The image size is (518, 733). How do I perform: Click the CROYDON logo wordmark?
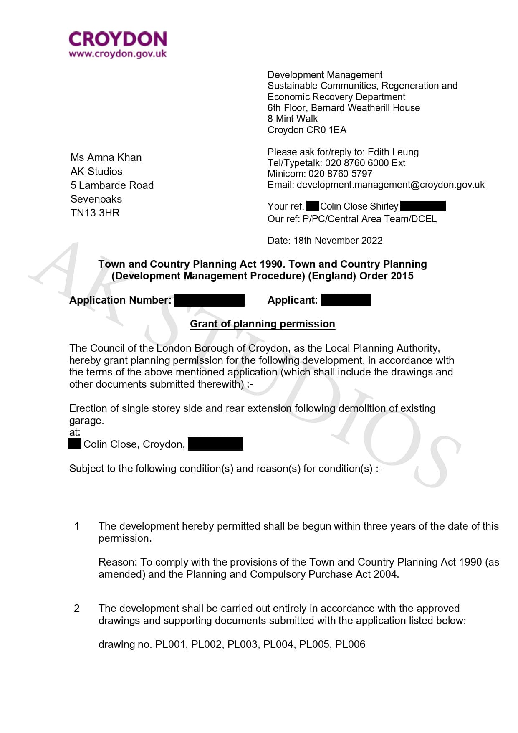[x=118, y=39]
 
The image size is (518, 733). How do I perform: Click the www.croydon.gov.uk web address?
[x=118, y=54]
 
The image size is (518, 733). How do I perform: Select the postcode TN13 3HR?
[x=95, y=213]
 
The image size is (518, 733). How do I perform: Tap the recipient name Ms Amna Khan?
[x=106, y=157]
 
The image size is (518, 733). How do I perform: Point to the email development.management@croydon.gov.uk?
[x=391, y=185]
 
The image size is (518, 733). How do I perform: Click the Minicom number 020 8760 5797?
[x=340, y=174]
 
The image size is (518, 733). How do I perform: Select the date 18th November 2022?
[x=338, y=241]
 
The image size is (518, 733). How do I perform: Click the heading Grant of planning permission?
[x=263, y=324]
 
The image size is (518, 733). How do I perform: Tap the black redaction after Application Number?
[x=209, y=300]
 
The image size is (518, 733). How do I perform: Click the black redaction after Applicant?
[x=346, y=300]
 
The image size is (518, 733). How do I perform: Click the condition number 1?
[x=77, y=526]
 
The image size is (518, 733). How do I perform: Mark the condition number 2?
[x=77, y=609]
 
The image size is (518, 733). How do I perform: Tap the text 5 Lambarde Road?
[x=112, y=185]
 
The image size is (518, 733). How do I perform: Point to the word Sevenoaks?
[x=96, y=199]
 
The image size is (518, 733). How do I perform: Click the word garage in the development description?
[x=86, y=421]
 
